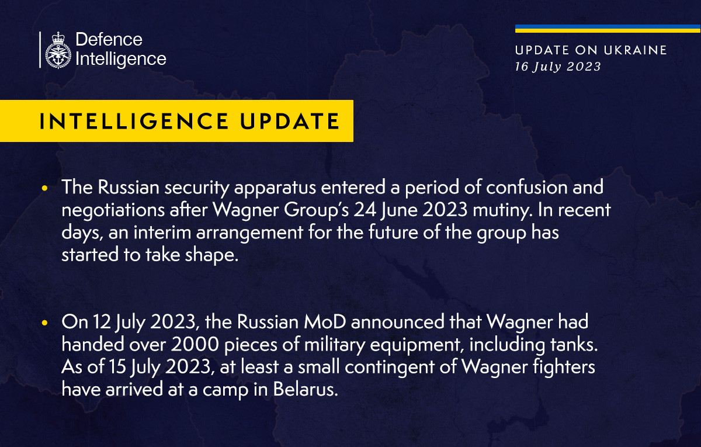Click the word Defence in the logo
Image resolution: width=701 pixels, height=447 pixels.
click(109, 40)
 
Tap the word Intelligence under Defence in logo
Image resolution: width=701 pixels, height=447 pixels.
click(121, 58)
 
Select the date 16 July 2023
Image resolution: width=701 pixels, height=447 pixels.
click(557, 67)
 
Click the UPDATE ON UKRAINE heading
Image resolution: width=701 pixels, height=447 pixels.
click(591, 50)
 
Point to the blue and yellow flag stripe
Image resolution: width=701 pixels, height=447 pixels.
click(608, 29)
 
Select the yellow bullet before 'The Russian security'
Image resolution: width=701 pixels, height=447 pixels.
click(45, 189)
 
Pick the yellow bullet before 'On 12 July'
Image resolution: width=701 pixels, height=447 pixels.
click(45, 323)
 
